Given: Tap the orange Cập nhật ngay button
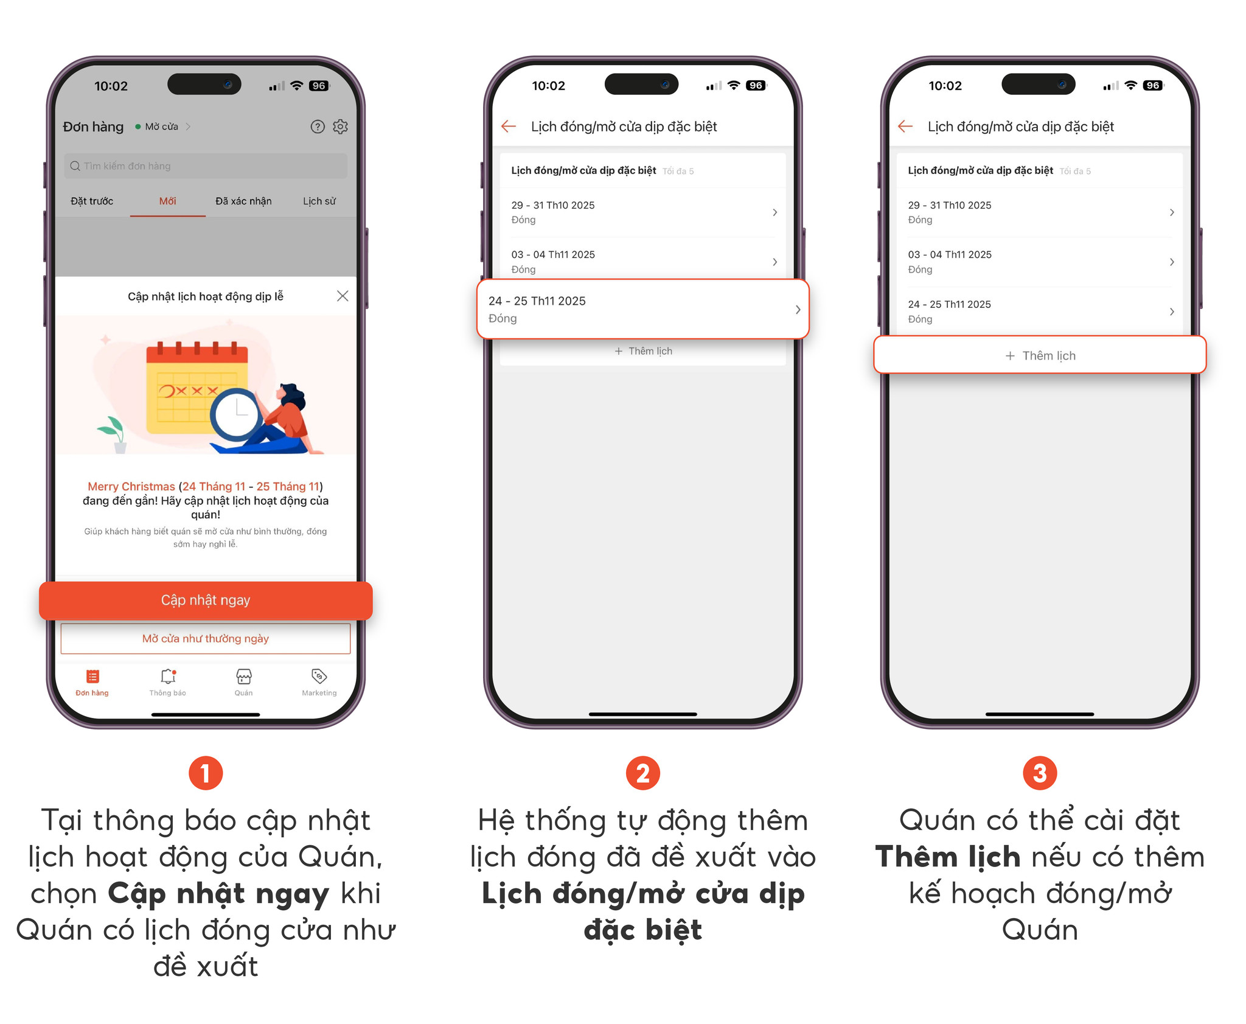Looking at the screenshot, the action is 206,600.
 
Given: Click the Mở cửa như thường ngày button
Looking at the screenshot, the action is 206,638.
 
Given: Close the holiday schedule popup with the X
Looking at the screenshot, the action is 343,296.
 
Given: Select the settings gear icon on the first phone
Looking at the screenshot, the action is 340,127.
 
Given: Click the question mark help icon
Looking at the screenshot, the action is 318,127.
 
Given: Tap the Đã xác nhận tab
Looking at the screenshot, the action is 243,201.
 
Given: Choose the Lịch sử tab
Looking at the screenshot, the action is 319,201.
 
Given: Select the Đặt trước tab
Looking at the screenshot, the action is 92,201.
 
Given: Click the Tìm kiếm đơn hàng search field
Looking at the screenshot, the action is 206,165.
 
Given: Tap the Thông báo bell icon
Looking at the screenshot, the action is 168,676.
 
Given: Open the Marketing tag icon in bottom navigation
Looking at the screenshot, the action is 319,676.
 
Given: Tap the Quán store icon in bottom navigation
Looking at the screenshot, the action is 243,677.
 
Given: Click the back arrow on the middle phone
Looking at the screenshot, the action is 509,126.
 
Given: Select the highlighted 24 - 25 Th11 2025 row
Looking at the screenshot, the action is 643,309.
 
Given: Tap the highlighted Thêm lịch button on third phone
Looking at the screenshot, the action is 1040,355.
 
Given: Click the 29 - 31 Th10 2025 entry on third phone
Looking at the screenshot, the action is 1040,212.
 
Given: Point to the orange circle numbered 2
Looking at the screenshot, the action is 643,773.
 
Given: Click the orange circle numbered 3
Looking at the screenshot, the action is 1040,773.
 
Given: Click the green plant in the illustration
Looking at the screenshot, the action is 113,431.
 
